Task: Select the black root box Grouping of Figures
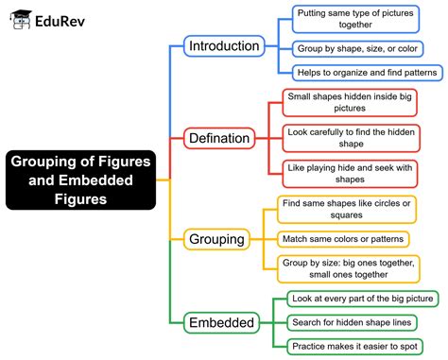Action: click(79, 180)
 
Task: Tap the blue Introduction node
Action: click(223, 46)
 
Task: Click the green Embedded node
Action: click(220, 323)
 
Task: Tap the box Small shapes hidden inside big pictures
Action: click(349, 102)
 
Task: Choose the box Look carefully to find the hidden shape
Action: click(349, 138)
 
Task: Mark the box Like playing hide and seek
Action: click(349, 173)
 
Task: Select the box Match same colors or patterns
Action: click(343, 239)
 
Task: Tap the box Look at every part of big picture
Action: click(362, 300)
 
